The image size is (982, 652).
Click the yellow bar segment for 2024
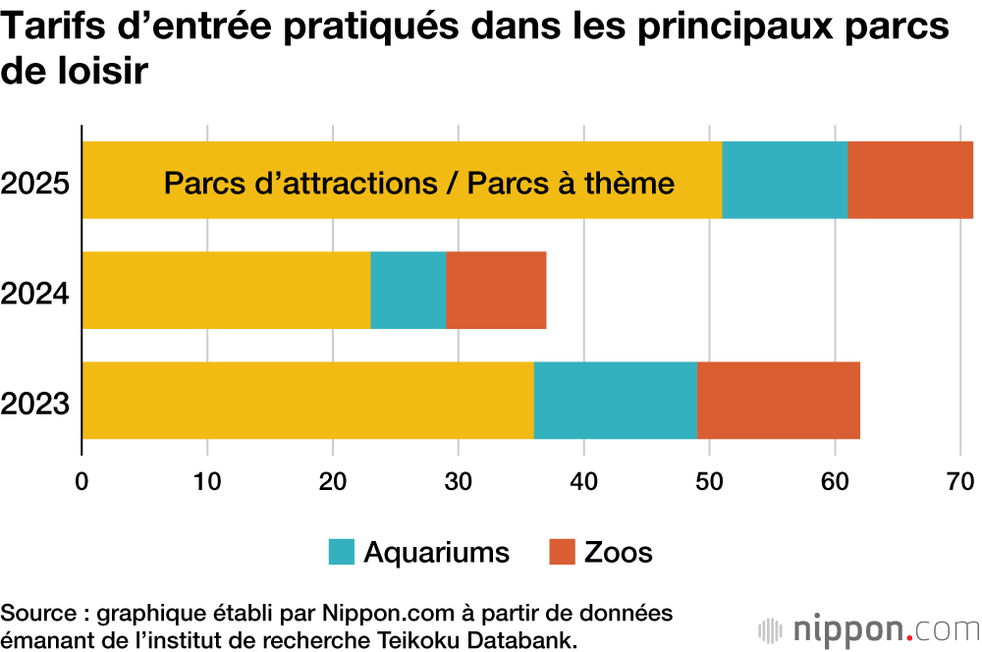226,290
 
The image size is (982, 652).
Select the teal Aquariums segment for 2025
785,180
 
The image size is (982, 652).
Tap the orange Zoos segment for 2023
778,400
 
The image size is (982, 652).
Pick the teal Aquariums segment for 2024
408,290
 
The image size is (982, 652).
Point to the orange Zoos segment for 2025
910,180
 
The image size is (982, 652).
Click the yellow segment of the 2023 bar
307,400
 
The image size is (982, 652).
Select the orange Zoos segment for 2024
496,290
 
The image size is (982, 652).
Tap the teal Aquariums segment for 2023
615,400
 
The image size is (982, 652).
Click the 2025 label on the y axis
35,183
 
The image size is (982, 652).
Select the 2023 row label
35,403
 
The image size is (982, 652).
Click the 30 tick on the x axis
459,481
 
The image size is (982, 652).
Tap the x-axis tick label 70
959,481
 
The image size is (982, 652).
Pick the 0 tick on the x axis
82,481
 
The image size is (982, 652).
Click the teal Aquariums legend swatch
341,552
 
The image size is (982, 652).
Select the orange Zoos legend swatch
561,552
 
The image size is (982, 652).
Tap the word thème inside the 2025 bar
626,184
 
